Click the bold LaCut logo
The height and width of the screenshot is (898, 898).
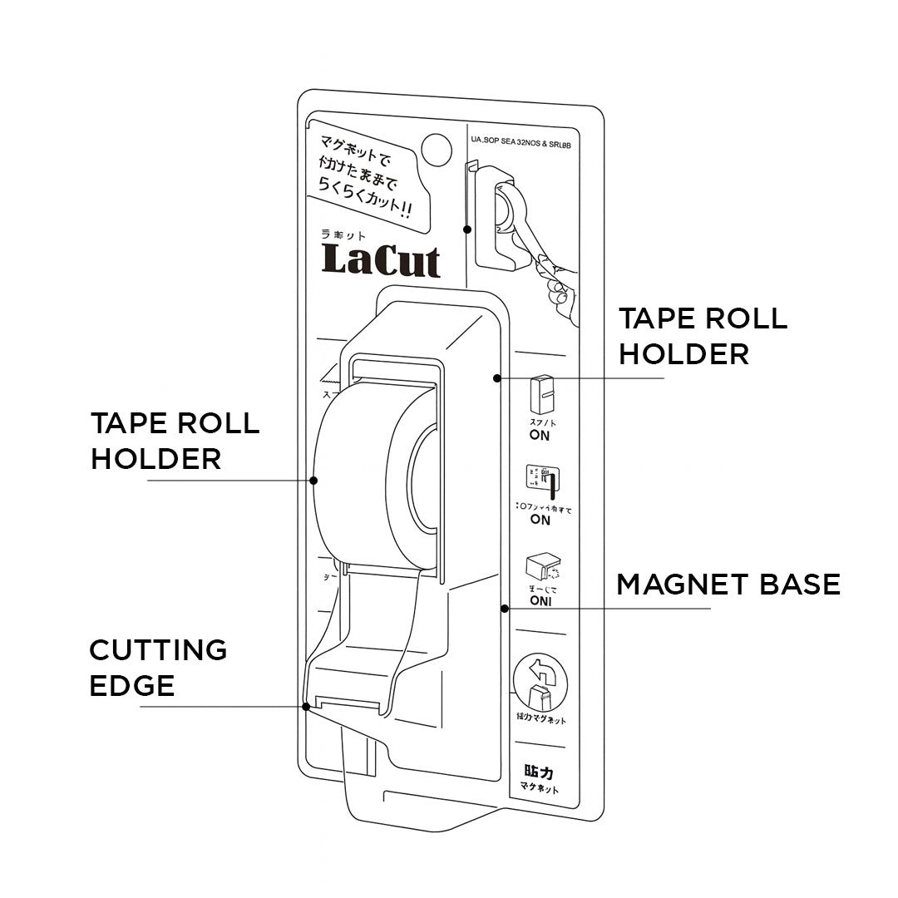coord(381,260)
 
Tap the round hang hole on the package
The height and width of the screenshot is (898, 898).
coord(436,148)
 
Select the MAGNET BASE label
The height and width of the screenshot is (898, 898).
coord(728,585)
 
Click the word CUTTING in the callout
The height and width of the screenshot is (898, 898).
coord(158,649)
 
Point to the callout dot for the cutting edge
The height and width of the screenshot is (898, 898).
coord(307,707)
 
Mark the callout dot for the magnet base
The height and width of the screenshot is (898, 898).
coord(504,609)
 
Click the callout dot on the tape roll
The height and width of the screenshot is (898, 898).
coord(314,480)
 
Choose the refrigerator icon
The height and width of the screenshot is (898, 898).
coord(542,394)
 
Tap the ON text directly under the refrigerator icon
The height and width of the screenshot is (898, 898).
coord(540,436)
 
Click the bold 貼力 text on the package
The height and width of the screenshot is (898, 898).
coord(540,772)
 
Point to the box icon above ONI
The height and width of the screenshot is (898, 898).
coord(542,568)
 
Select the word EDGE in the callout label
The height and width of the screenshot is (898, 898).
coord(132,686)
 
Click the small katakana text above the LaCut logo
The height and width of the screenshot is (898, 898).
coord(343,236)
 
